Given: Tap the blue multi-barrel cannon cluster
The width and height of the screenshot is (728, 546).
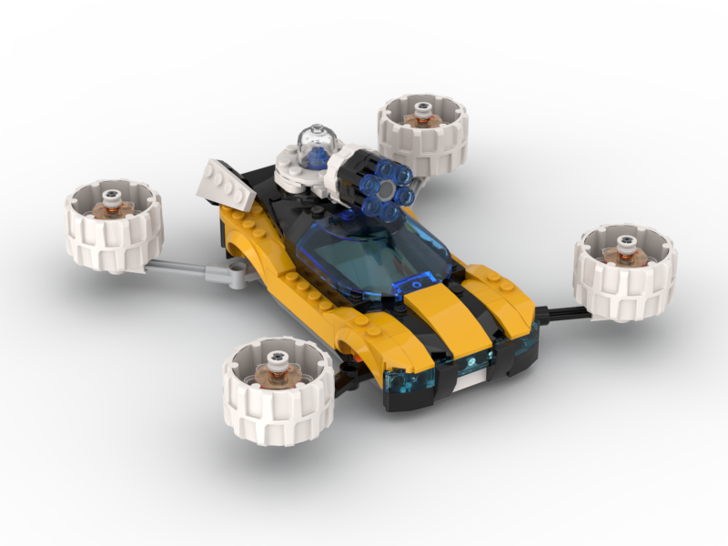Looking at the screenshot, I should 378,191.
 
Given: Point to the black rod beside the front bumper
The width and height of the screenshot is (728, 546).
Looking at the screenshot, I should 557,313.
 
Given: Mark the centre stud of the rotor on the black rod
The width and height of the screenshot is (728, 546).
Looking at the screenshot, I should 626,242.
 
